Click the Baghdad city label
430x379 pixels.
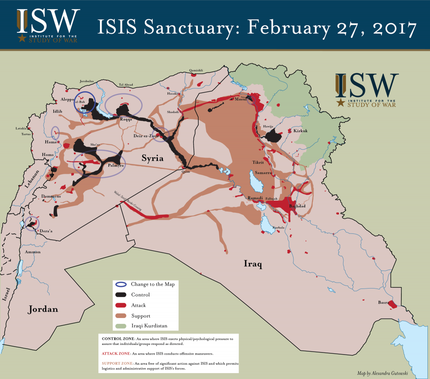pos(297,206)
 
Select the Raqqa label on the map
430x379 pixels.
pos(126,119)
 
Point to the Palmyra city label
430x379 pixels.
pos(115,166)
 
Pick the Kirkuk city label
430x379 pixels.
pos(300,131)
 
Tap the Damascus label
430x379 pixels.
pos(51,196)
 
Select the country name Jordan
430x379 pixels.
pos(43,310)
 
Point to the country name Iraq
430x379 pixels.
pos(253,264)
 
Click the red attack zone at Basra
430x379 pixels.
pos(392,304)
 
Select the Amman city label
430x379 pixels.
pos(33,252)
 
